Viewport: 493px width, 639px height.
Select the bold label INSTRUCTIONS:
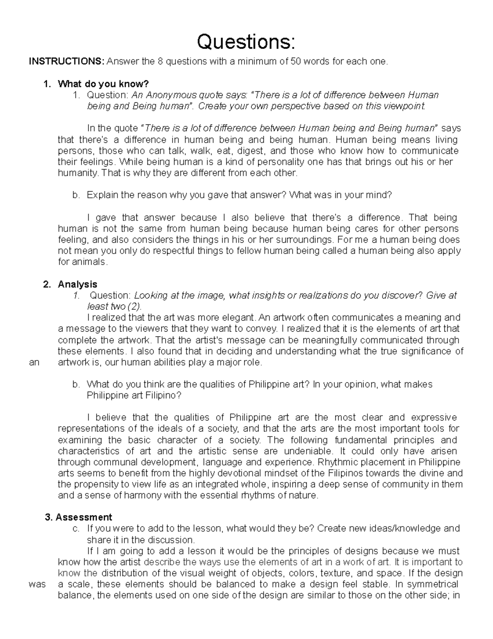(66, 62)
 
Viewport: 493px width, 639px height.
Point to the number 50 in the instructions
(295, 62)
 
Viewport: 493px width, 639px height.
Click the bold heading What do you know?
(103, 84)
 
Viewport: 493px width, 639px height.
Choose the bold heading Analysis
(77, 284)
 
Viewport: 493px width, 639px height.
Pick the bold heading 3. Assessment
(78, 517)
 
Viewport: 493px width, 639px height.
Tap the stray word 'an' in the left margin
(34, 362)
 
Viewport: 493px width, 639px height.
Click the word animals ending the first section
(81, 262)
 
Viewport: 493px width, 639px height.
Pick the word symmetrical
(434, 584)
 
